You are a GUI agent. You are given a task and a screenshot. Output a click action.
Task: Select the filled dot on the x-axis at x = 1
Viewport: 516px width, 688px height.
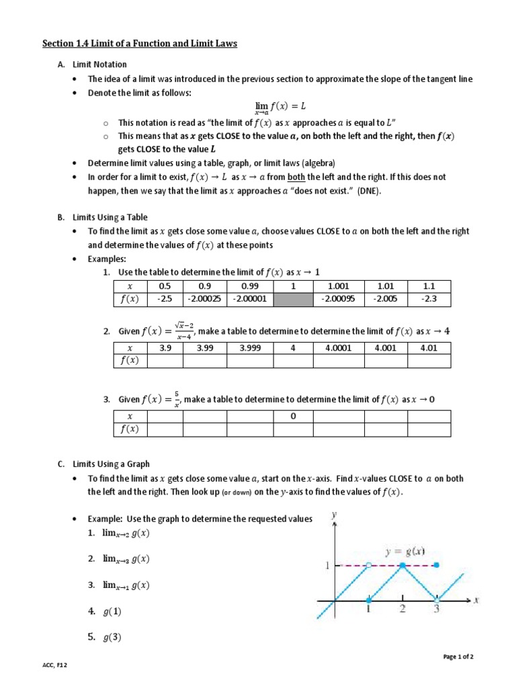368,600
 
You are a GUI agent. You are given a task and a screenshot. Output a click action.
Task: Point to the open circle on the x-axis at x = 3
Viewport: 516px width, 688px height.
437,600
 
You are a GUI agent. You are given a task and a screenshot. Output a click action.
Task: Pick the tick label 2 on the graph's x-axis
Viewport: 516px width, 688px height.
402,610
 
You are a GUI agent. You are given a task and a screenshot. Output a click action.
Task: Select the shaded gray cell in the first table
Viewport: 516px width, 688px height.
293,300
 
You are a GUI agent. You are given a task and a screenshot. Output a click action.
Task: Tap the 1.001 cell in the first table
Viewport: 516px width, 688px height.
339,286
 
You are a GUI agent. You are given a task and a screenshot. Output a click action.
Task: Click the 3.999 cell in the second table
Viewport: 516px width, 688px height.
251,347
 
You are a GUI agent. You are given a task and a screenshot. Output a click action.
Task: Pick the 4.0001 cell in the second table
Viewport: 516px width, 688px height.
339,347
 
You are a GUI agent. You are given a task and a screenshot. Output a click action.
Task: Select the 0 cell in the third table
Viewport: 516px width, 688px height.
293,416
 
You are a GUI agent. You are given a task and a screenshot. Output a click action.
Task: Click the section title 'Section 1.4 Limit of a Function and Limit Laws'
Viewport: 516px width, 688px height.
140,44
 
